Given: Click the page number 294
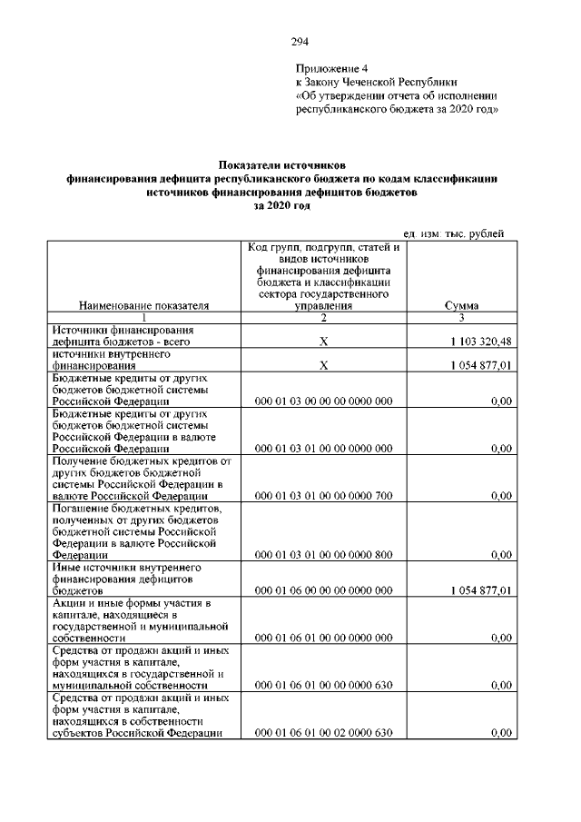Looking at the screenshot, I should tap(300, 41).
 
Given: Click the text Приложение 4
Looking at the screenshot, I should tap(333, 68).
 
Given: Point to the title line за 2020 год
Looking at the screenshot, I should tap(282, 206).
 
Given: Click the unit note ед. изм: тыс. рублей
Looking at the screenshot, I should tap(452, 234).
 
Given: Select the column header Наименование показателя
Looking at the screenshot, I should tap(144, 306).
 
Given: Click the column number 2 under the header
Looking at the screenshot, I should tap(323, 318).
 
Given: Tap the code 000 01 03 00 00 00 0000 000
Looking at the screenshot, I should tap(324, 401).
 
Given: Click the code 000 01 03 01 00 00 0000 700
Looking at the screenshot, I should tap(324, 496).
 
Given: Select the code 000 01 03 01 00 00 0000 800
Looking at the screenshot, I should tap(324, 555).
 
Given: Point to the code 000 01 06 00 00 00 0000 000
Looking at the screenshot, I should tap(324, 590).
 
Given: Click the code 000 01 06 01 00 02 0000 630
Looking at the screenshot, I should tap(324, 733).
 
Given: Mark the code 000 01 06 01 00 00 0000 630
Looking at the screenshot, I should tap(324, 686).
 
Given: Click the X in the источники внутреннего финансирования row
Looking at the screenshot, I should tap(323, 365).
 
